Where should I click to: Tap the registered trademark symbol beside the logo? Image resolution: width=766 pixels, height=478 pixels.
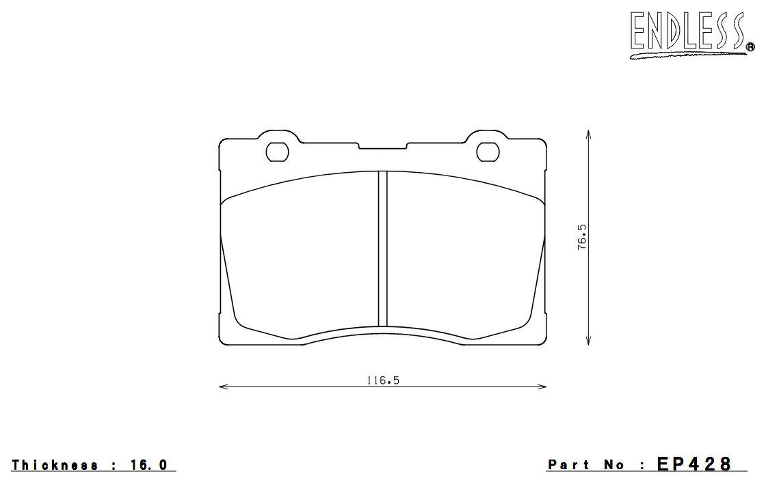(x=750, y=47)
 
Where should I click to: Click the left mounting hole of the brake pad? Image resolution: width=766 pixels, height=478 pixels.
(x=277, y=152)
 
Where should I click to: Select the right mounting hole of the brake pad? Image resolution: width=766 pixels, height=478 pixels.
(x=488, y=152)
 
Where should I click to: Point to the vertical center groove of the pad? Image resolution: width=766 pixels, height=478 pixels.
(x=382, y=249)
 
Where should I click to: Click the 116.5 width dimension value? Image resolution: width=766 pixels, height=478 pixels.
(x=383, y=380)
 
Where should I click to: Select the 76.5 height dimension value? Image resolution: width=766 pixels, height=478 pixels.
(x=582, y=238)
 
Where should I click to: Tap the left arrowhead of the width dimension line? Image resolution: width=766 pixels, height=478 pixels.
(x=223, y=386)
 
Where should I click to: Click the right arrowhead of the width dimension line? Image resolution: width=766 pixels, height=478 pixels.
(x=542, y=386)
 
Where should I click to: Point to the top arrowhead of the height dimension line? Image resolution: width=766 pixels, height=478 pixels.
(x=589, y=135)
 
